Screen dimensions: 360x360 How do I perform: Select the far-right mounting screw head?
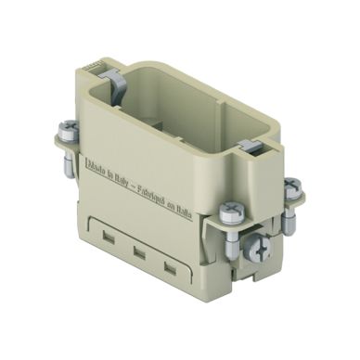291,185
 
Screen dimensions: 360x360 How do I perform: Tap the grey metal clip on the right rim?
248,144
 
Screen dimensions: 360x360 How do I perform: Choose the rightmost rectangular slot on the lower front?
170,267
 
